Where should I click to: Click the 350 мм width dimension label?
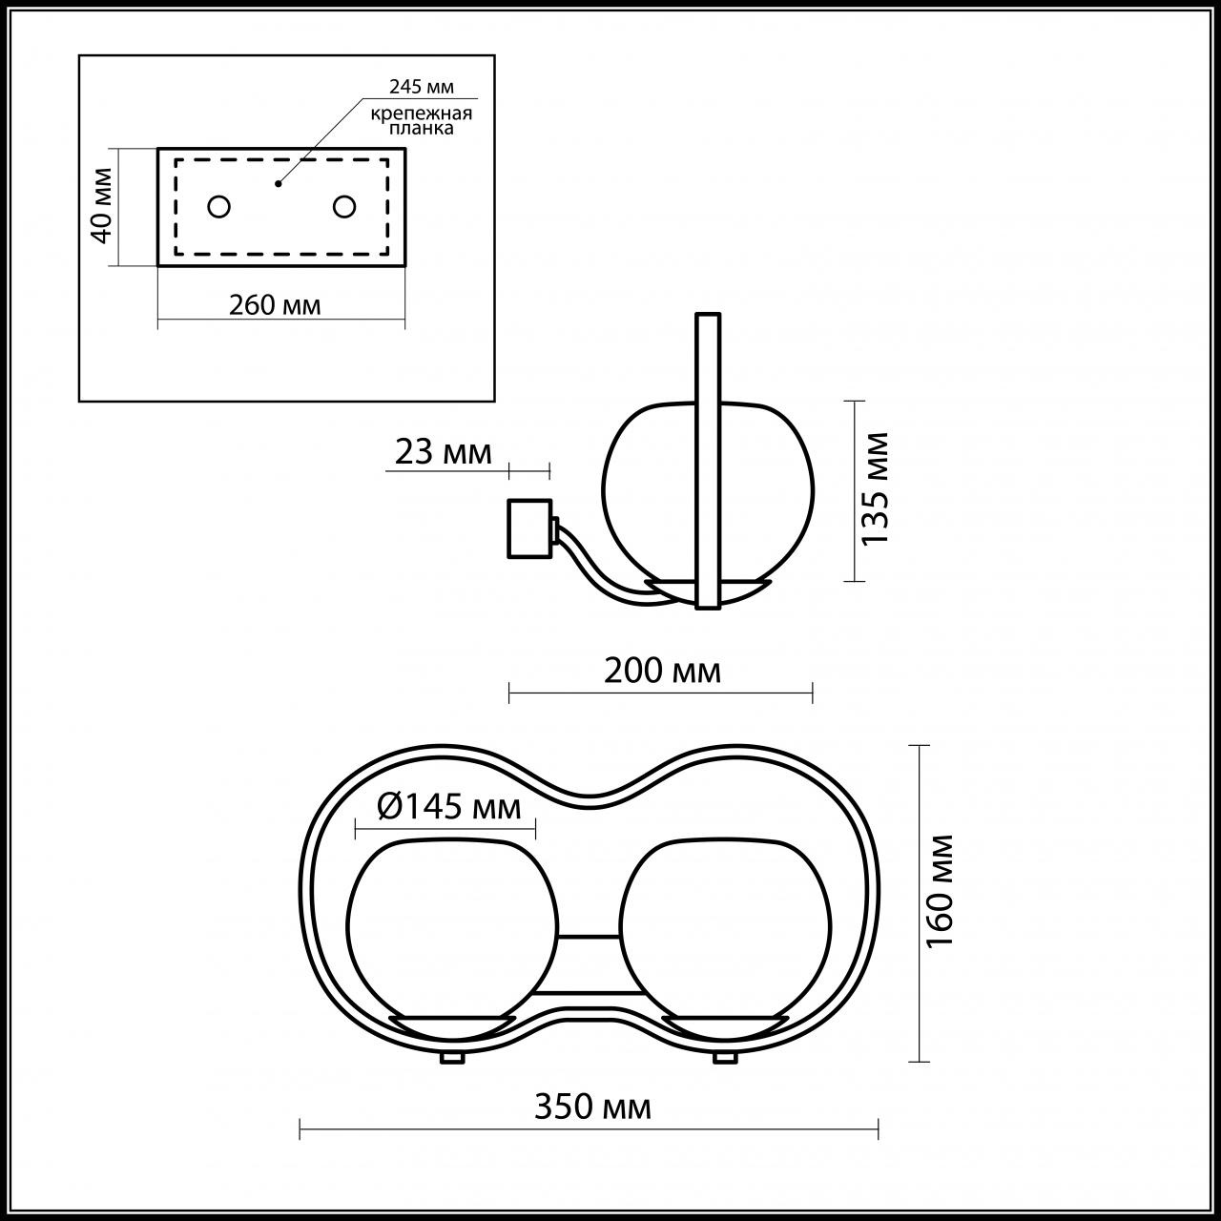[592, 1107]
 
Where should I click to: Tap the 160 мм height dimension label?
[941, 890]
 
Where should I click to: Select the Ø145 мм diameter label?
[449, 807]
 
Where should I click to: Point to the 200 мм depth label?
[662, 671]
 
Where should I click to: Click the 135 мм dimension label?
[875, 488]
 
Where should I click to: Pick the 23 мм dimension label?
[444, 451]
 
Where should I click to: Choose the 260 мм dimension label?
[275, 304]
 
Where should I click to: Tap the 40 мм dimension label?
[102, 204]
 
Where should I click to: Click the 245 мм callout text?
[421, 87]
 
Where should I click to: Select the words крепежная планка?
[423, 121]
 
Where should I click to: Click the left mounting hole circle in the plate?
[219, 206]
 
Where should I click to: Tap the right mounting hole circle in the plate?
[343, 206]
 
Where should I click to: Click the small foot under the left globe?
[451, 1058]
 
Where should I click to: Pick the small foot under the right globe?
[725, 1058]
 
